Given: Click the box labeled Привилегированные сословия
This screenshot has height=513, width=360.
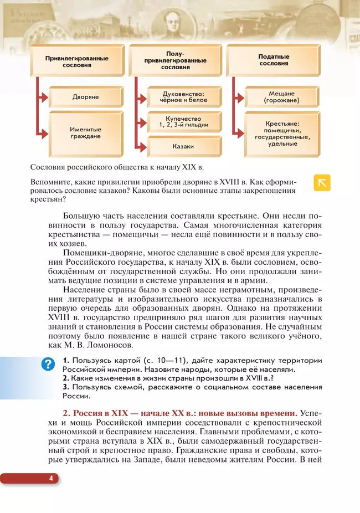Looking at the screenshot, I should tap(76, 61).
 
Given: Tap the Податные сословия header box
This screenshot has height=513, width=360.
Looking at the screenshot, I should tap(274, 60).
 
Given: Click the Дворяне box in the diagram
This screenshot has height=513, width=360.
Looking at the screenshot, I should tap(85, 96).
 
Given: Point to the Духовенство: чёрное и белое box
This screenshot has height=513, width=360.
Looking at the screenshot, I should tap(183, 97).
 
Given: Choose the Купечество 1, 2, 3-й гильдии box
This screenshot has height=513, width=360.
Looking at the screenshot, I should tap(183, 122).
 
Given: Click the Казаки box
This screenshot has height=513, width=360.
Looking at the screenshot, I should tap(183, 147).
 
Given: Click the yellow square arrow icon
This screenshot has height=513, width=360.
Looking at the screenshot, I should tap(322, 182).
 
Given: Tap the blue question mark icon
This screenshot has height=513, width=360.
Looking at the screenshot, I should tap(49, 363).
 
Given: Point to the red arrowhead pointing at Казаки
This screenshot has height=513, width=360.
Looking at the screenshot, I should tap(143, 147).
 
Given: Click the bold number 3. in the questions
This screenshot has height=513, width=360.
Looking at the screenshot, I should tap(65, 387).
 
